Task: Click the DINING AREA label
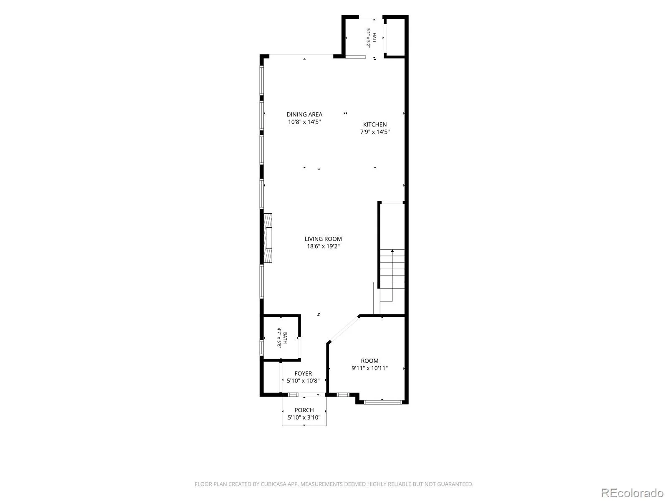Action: point(304,114)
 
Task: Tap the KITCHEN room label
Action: point(374,124)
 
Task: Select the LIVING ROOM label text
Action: point(323,239)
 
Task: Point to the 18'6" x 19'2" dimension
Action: point(323,246)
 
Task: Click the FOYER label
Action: point(303,373)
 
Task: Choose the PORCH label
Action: point(304,410)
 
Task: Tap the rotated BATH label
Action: point(285,338)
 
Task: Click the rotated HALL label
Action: point(374,38)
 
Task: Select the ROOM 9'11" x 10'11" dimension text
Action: point(369,368)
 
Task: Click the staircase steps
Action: point(392,269)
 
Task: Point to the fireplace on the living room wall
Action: point(268,238)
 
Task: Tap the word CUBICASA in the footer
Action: point(273,484)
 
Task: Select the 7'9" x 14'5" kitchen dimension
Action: point(374,132)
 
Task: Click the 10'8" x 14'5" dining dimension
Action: point(304,121)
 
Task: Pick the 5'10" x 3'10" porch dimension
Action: point(304,417)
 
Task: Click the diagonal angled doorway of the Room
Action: point(344,329)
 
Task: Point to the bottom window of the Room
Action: point(382,402)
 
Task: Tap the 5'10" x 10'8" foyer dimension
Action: point(303,380)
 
